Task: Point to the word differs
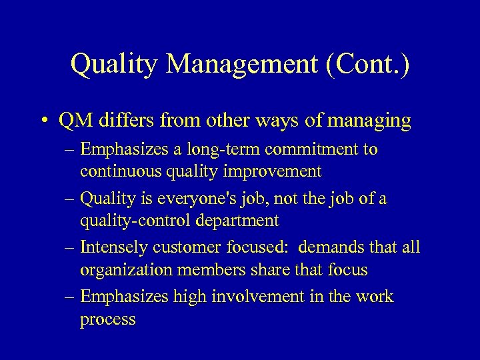pyautogui.click(x=120, y=122)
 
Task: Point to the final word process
pyautogui.click(x=107, y=319)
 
